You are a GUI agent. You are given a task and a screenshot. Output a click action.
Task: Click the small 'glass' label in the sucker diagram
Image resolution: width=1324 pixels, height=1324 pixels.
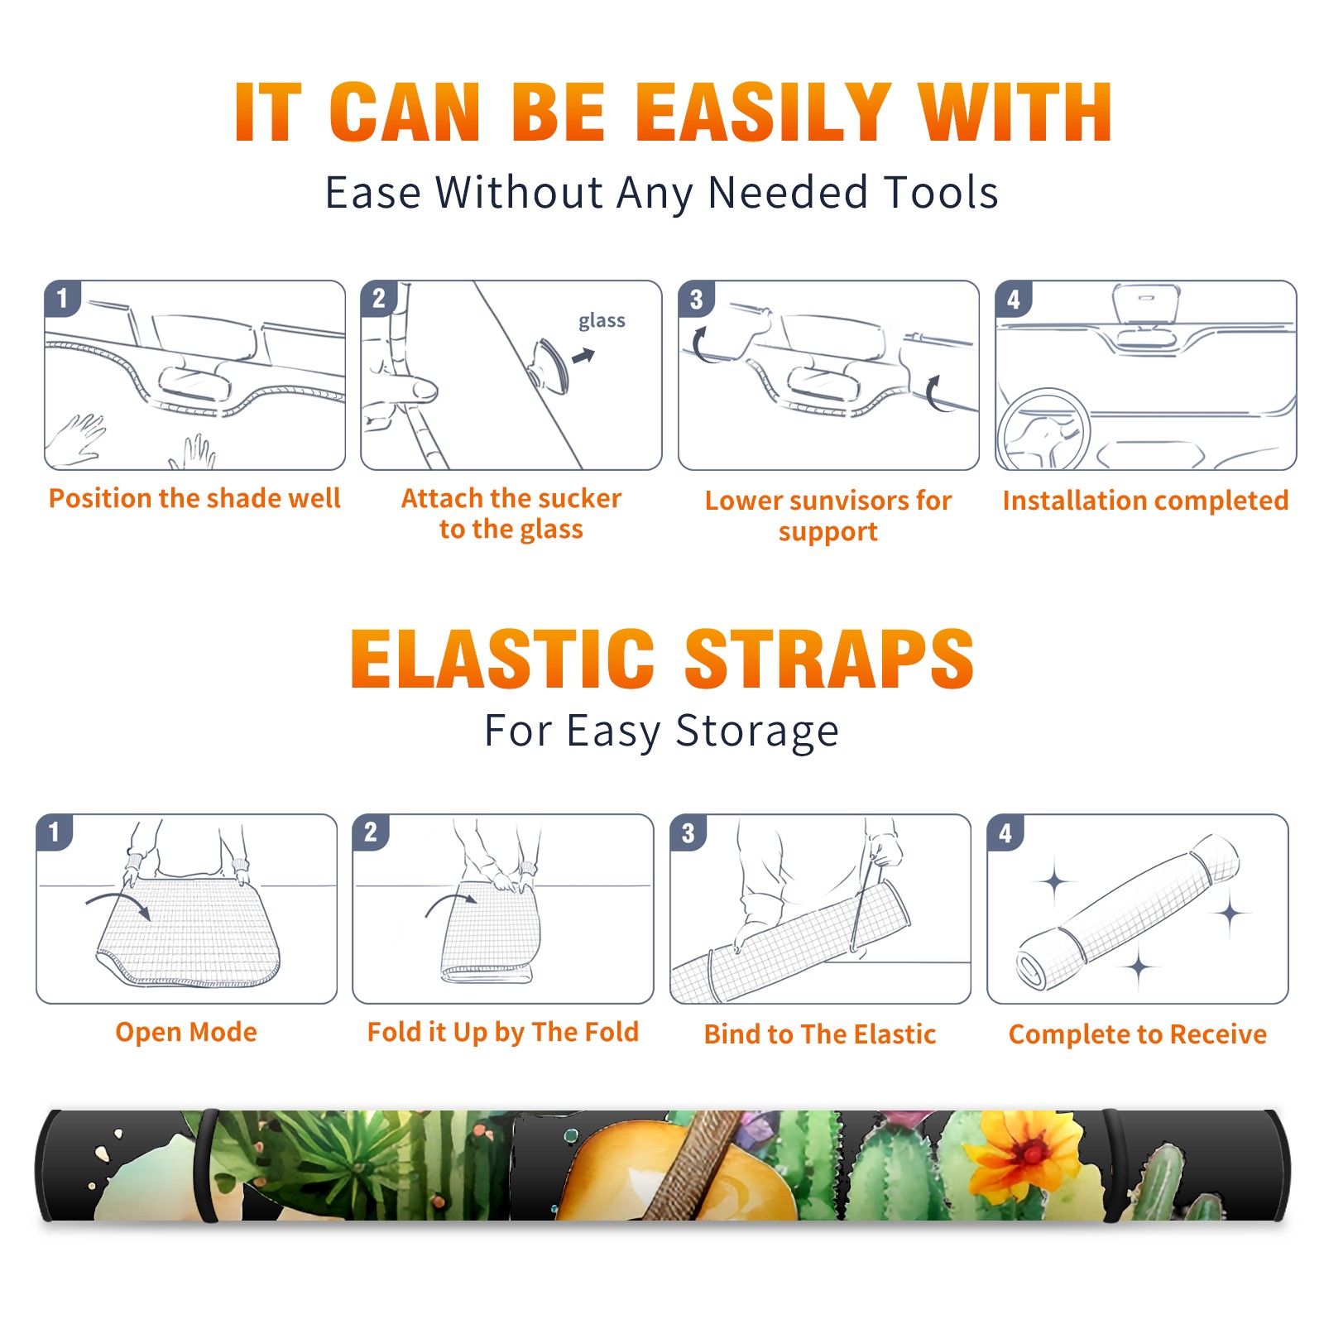(602, 321)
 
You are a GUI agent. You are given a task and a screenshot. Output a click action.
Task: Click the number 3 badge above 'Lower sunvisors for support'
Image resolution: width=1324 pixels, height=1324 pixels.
(696, 300)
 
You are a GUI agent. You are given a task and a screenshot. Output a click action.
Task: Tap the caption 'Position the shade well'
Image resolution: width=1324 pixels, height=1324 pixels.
(194, 498)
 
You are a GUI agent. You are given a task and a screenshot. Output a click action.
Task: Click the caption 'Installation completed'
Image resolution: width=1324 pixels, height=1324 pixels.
(1145, 500)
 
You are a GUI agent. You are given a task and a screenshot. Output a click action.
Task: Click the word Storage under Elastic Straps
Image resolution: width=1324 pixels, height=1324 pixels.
(757, 732)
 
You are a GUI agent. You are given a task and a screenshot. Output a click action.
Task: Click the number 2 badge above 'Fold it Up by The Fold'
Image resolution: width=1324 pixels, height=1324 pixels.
(371, 832)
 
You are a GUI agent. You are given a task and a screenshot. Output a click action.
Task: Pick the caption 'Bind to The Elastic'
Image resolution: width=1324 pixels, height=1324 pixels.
(819, 1034)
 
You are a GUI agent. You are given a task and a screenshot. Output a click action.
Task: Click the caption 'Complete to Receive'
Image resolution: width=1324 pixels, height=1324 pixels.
(1138, 1034)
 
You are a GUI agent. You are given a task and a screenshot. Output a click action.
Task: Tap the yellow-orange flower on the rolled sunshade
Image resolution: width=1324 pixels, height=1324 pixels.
(1027, 1153)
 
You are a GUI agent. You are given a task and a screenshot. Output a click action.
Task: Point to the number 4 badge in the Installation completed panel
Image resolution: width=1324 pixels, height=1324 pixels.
(1014, 300)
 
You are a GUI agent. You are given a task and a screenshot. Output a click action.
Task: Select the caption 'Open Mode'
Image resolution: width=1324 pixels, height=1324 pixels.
(186, 1032)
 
